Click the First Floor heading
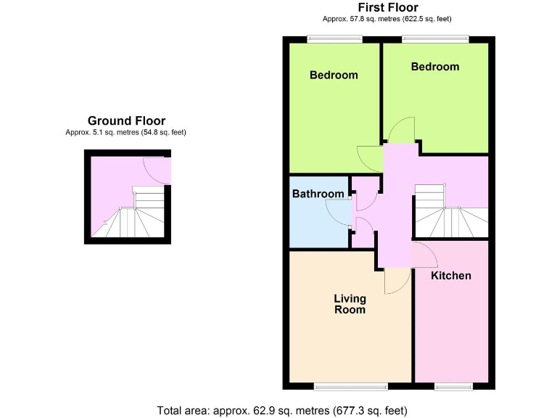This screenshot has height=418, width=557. click(387, 7)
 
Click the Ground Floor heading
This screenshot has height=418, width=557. click(126, 121)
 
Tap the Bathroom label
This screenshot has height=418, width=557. click(318, 194)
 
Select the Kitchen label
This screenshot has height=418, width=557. click(451, 276)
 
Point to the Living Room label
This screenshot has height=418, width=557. click(350, 304)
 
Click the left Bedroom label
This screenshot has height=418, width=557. click(334, 75)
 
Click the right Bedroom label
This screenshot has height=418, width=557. click(435, 67)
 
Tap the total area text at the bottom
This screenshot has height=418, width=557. click(283, 410)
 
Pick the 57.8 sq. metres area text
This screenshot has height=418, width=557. click(387, 20)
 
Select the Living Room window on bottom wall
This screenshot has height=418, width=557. click(350, 386)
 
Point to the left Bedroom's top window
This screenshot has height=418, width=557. click(323, 38)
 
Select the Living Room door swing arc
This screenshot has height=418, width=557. click(397, 282)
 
